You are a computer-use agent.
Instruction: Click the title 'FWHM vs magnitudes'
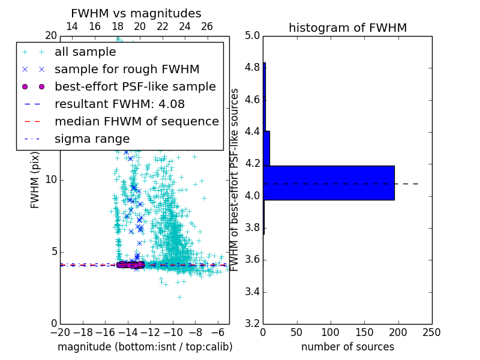click(136, 14)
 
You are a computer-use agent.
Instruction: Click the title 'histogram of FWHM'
click(347, 28)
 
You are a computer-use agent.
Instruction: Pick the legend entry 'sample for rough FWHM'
click(127, 69)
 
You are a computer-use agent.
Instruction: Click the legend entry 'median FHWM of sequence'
click(136, 121)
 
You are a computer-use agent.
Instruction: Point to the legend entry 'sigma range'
click(92, 139)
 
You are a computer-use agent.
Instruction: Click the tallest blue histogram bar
click(328, 182)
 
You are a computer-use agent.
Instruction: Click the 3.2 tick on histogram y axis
click(253, 324)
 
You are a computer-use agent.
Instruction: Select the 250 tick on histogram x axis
click(432, 332)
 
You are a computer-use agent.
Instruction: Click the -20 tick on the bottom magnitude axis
click(60, 332)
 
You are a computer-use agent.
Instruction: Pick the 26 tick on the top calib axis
click(207, 26)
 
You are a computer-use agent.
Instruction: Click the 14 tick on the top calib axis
click(71, 26)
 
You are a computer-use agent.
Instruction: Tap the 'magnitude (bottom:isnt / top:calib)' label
click(145, 347)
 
